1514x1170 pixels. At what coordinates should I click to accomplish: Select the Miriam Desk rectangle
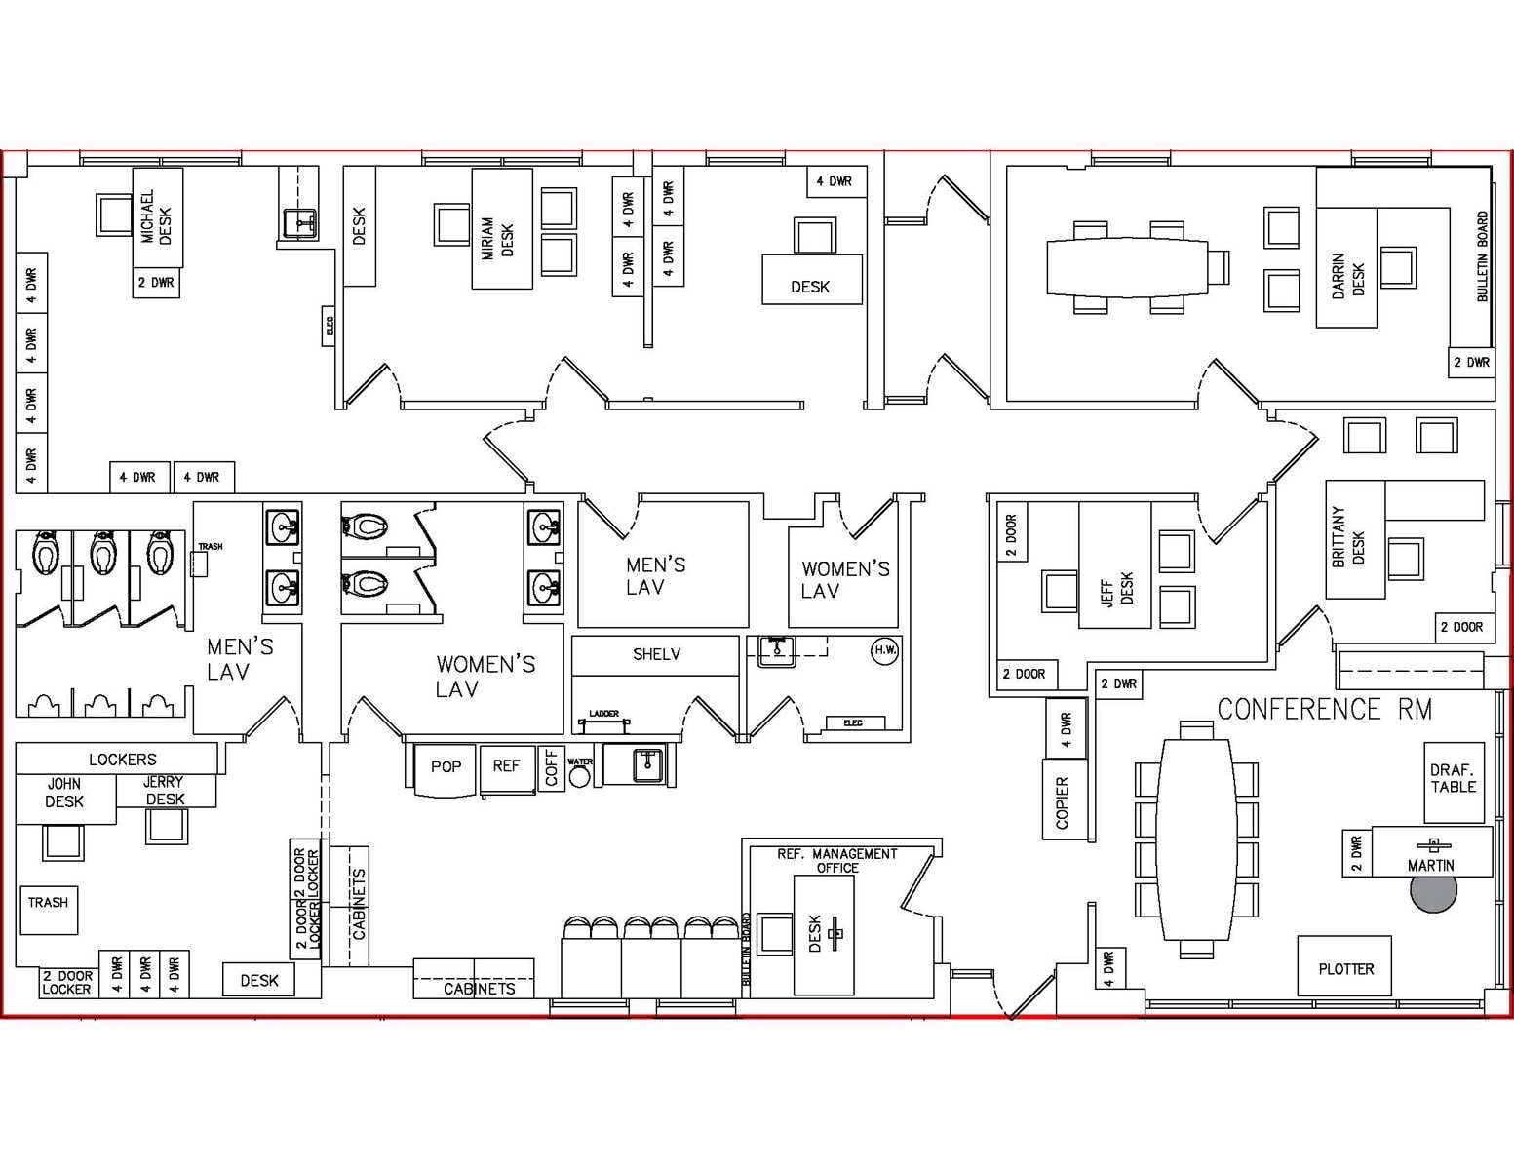point(501,229)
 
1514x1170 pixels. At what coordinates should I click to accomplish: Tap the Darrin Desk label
point(1347,276)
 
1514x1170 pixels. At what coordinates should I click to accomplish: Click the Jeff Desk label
point(1116,589)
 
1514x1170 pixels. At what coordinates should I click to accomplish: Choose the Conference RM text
point(1324,709)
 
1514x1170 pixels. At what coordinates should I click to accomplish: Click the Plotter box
point(1344,968)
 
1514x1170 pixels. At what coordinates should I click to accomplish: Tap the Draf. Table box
point(1453,779)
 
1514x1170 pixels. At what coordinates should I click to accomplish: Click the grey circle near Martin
point(1433,892)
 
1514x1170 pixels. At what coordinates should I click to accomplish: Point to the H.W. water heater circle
point(884,650)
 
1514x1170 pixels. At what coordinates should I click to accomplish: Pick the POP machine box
point(446,767)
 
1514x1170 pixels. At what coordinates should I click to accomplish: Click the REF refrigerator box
point(506,766)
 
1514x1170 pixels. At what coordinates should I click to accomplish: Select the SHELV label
point(656,654)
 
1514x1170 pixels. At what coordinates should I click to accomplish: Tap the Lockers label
point(122,759)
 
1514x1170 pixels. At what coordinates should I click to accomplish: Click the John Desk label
point(64,793)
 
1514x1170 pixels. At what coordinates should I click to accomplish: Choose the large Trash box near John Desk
point(48,908)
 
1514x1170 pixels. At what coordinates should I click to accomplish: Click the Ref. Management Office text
point(836,860)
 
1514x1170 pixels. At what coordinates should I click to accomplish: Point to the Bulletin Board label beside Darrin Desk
point(1482,256)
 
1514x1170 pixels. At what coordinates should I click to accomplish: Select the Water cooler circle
point(580,776)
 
